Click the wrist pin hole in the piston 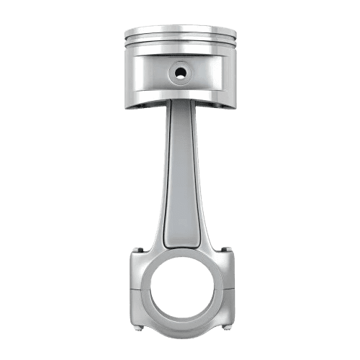pos(179,72)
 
